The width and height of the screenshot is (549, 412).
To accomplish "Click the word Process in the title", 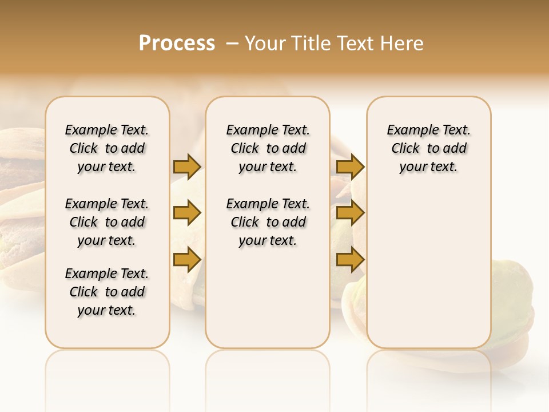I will [x=177, y=43].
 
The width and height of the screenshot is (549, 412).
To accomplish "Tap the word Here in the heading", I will [x=403, y=43].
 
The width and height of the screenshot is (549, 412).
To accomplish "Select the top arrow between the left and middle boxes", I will [x=187, y=167].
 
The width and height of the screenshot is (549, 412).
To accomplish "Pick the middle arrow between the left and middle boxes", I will [x=187, y=213].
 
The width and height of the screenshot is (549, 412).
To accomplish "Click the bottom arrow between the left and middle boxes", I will [x=187, y=259].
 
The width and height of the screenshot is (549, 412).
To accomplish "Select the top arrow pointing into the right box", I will [x=350, y=167].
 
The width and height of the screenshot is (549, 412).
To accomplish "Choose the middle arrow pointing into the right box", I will [x=350, y=213].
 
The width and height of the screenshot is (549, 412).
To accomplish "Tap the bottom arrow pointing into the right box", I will [x=350, y=259].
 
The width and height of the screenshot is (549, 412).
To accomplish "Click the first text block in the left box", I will [x=107, y=148].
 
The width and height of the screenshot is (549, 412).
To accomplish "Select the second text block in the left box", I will [x=107, y=222].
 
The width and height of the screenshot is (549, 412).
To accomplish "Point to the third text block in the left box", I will [x=107, y=292].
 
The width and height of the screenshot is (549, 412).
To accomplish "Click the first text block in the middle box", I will [x=268, y=148].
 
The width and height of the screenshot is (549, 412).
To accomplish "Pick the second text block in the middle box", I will [x=268, y=222].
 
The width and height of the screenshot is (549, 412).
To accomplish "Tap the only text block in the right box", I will [x=429, y=148].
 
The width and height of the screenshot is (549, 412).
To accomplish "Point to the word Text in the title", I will [x=355, y=43].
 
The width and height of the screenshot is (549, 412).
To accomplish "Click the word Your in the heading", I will [x=264, y=43].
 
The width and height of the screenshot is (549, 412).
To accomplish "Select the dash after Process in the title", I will [x=232, y=43].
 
